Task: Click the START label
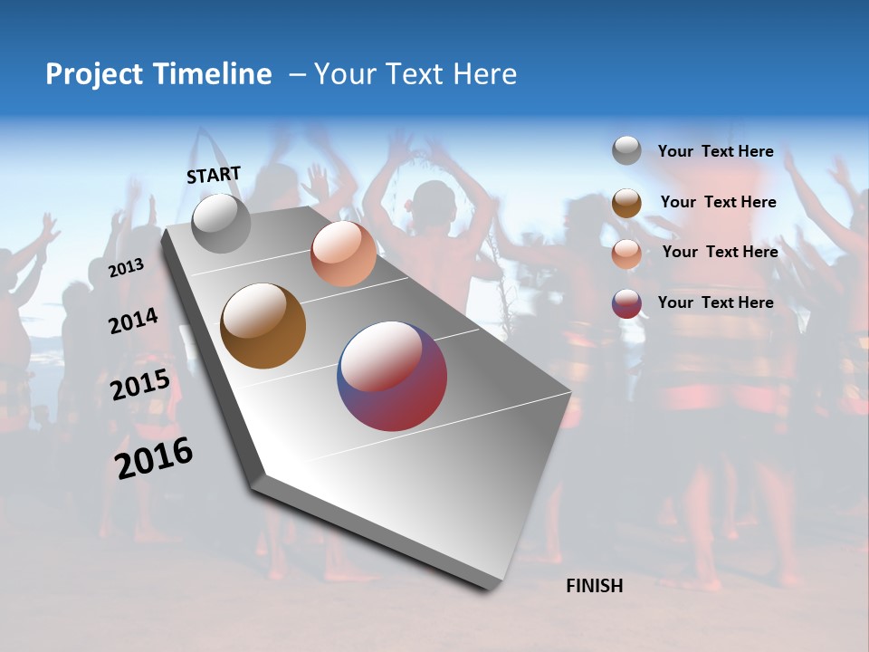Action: point(214,175)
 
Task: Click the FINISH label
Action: point(594,586)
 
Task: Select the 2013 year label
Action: point(126,267)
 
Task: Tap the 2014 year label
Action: point(133,321)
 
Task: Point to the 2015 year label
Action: point(140,385)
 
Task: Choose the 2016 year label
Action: point(154,458)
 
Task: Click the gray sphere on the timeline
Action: point(221,223)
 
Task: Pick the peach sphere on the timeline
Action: point(343,254)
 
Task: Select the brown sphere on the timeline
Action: point(263,326)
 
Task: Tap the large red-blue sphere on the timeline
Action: point(392,376)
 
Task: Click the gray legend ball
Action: point(626,151)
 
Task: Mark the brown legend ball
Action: point(626,203)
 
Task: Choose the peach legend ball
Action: point(626,254)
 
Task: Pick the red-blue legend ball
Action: point(626,303)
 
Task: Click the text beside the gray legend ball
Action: point(715,151)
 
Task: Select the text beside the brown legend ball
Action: point(718,202)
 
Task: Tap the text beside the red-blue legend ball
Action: point(715,302)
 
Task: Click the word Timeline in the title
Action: point(214,74)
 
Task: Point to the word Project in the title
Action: point(94,74)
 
